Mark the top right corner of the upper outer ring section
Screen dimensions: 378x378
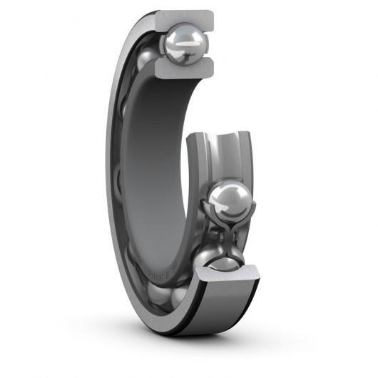click(x=213, y=13)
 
